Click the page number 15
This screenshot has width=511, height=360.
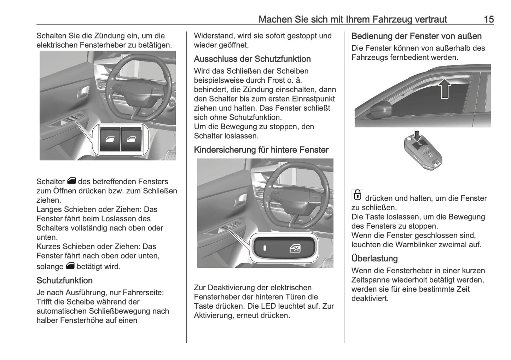pos(488,19)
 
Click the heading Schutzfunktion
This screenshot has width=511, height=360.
pos(64,280)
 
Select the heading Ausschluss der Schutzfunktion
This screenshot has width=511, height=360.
pos(252,59)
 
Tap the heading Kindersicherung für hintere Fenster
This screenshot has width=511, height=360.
pos(261,150)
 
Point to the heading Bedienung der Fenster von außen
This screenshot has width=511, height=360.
pos(416,36)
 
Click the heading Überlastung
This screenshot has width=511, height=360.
pos(374,259)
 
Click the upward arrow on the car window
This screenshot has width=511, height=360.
pos(445,88)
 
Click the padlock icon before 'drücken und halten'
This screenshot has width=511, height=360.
pos(357,195)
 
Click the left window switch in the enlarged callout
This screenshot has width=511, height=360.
pos(108,139)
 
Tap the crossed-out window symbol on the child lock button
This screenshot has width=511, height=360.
pos(295,249)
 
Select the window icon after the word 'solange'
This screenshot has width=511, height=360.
pos(70,266)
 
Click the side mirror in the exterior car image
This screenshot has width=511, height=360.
pos(380,108)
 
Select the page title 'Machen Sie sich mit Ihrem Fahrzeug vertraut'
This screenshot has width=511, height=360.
pos(353,19)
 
